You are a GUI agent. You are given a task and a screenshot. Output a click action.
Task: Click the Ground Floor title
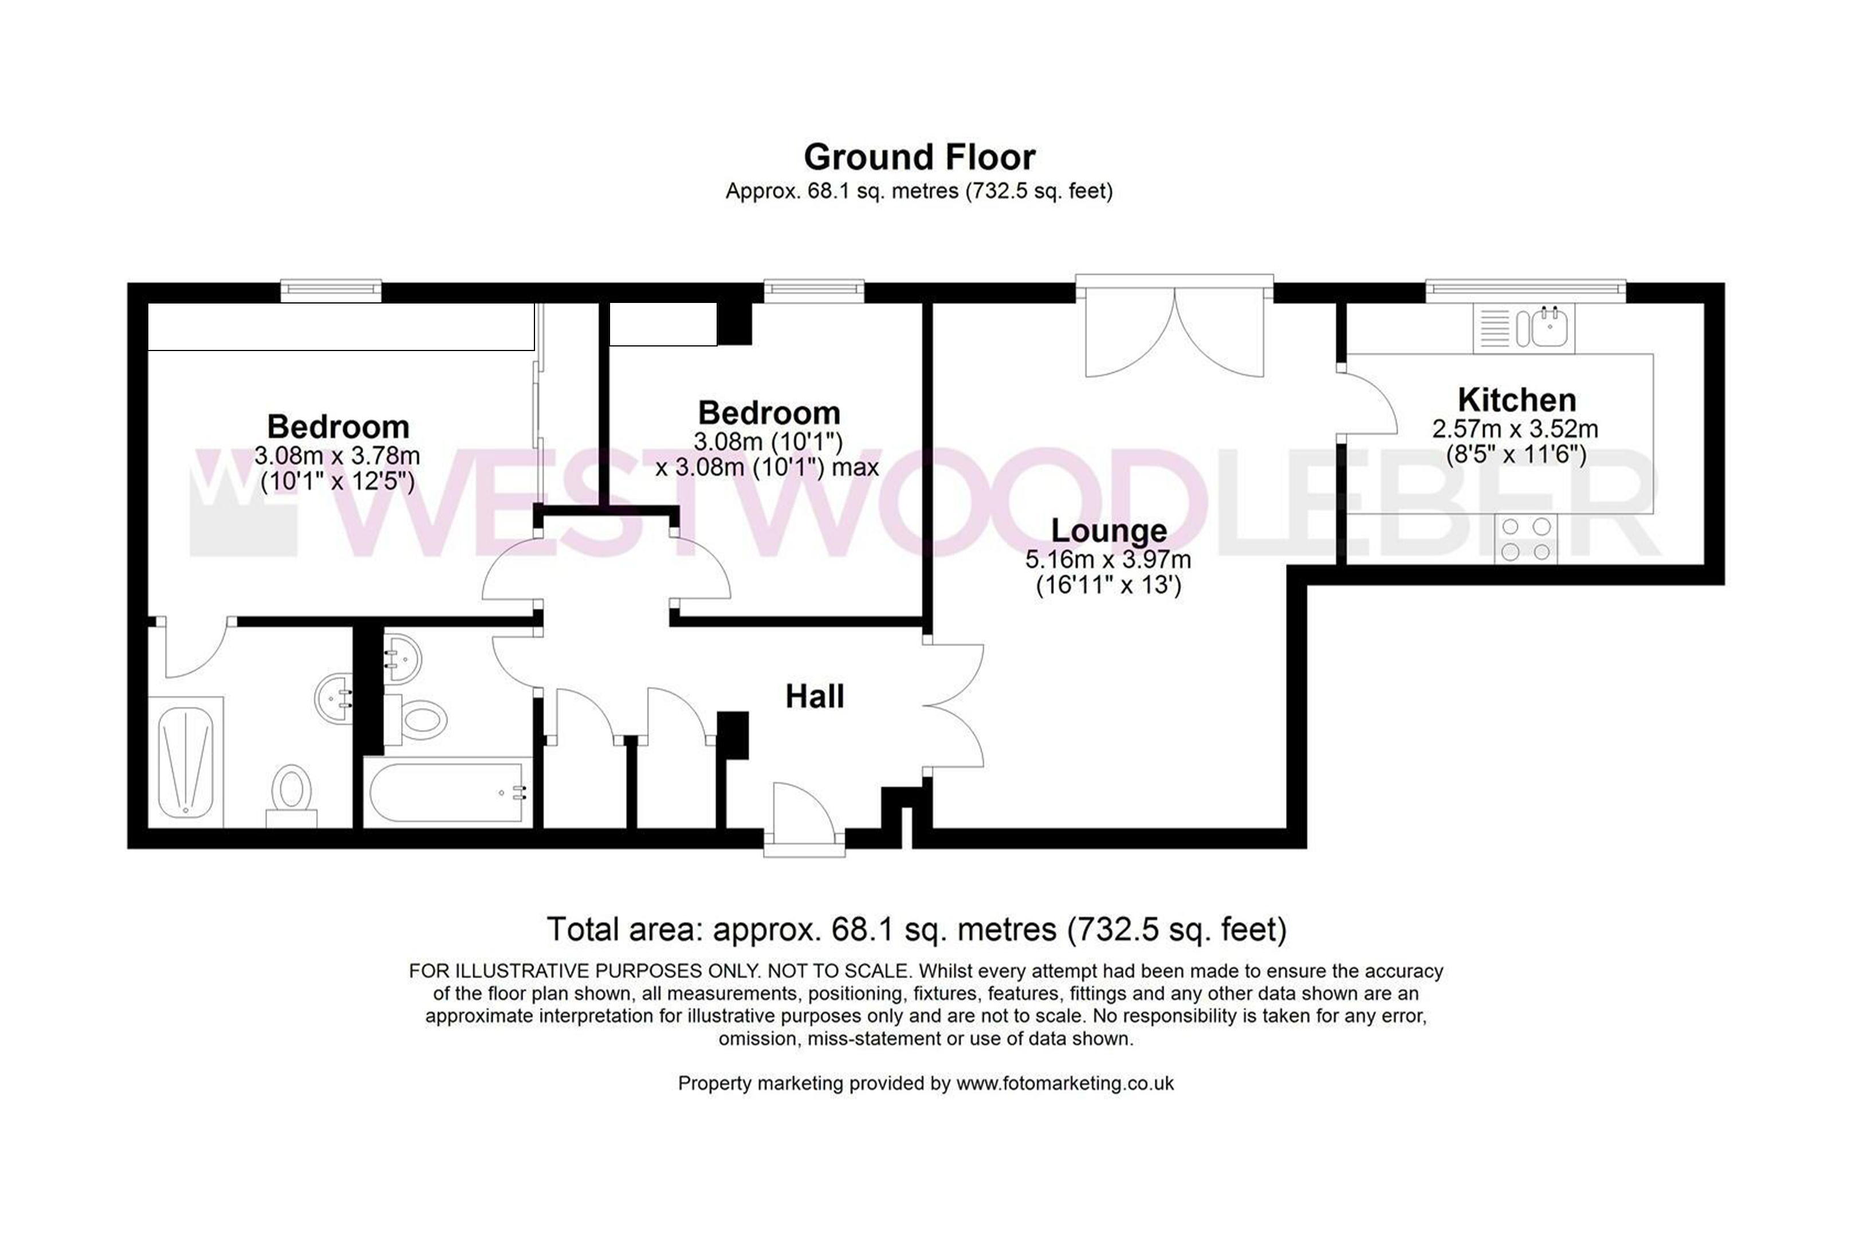click(x=919, y=157)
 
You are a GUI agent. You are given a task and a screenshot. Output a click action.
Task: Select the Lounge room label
click(x=1108, y=531)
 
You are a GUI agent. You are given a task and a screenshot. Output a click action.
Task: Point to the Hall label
click(x=815, y=696)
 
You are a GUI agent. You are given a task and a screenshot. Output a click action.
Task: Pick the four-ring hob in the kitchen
click(x=1526, y=539)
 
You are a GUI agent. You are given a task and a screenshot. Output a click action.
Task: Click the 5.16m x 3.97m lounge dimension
click(x=1108, y=560)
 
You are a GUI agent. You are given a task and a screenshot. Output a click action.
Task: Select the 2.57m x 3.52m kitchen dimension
click(x=1515, y=429)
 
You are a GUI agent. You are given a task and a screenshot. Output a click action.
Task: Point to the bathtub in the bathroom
click(x=447, y=792)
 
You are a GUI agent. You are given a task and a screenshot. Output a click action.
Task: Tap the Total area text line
click(x=917, y=929)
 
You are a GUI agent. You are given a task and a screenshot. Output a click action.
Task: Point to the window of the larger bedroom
click(x=332, y=291)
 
